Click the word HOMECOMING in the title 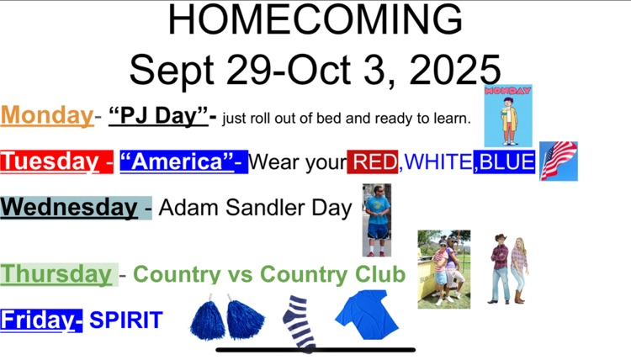tap(315, 20)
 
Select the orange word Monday tap(46, 115)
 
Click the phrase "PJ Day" tap(159, 116)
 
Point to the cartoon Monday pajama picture tap(508, 115)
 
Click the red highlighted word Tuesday tap(50, 161)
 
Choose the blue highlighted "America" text tap(183, 161)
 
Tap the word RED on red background tap(373, 161)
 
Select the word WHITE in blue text tap(437, 161)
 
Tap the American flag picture tap(559, 161)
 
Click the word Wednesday tap(70, 207)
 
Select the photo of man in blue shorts tap(377, 220)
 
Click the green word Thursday tap(56, 274)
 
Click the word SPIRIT tap(126, 320)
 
